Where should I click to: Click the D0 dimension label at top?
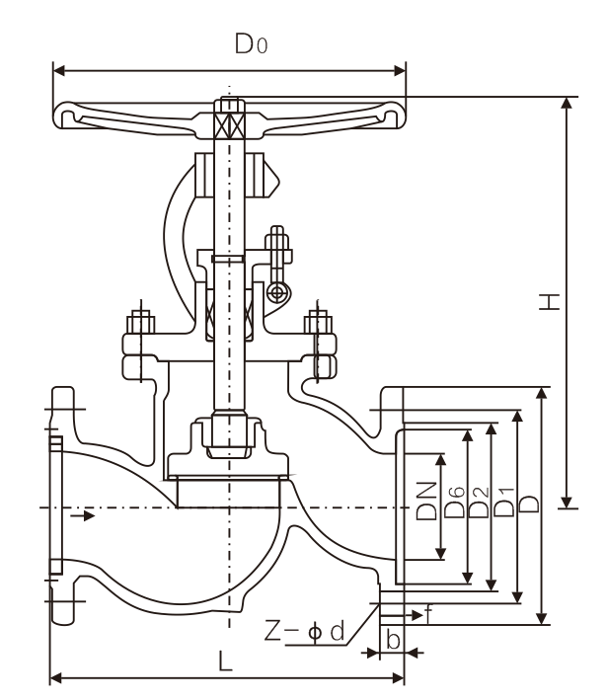tap(249, 44)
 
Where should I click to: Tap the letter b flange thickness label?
tap(393, 640)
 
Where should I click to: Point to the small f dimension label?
tap(428, 614)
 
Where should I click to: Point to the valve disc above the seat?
tap(228, 463)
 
